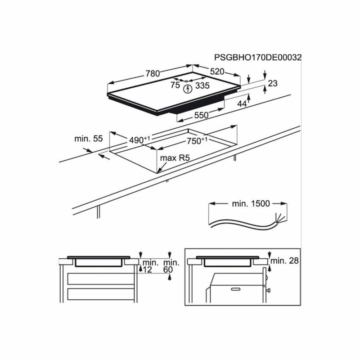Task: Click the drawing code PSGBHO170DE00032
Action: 257,58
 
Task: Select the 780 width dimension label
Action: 153,73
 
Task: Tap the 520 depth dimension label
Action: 217,72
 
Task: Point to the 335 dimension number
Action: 202,85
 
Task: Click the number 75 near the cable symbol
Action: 175,85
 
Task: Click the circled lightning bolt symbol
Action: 188,89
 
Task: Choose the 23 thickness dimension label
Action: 273,83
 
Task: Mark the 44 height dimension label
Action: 242,104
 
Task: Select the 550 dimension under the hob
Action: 201,115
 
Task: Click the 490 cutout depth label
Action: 139,139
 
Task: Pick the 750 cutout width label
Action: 197,141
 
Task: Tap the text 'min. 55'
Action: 88,139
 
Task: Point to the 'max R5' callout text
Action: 175,158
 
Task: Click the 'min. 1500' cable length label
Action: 251,204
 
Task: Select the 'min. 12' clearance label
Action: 150,266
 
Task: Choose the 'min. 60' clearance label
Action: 171,266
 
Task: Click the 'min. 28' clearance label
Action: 285,261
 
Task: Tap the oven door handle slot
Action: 236,289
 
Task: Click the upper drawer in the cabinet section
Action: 101,279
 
